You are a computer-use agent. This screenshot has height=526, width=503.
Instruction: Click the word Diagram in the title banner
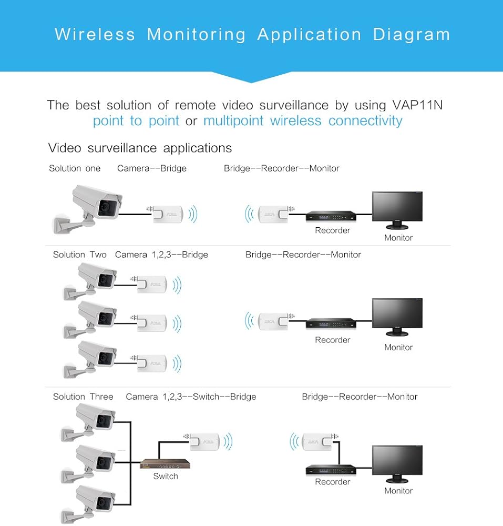[x=412, y=35]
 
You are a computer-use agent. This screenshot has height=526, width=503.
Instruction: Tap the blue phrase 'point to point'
[x=136, y=121]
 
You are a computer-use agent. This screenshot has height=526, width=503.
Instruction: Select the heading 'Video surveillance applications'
[x=140, y=148]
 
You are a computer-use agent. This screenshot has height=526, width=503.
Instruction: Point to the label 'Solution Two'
[x=79, y=255]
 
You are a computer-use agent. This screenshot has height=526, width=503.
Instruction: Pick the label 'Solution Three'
[x=83, y=397]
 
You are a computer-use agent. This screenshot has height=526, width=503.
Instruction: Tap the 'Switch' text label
[x=166, y=477]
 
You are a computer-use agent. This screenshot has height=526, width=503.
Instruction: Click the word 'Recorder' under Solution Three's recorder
[x=332, y=482]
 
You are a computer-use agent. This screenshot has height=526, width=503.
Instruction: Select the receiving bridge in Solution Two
[x=272, y=320]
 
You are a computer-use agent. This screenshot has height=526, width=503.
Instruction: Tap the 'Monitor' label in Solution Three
[x=398, y=491]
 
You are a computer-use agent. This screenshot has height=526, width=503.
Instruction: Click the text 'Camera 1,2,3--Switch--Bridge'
[x=191, y=397]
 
